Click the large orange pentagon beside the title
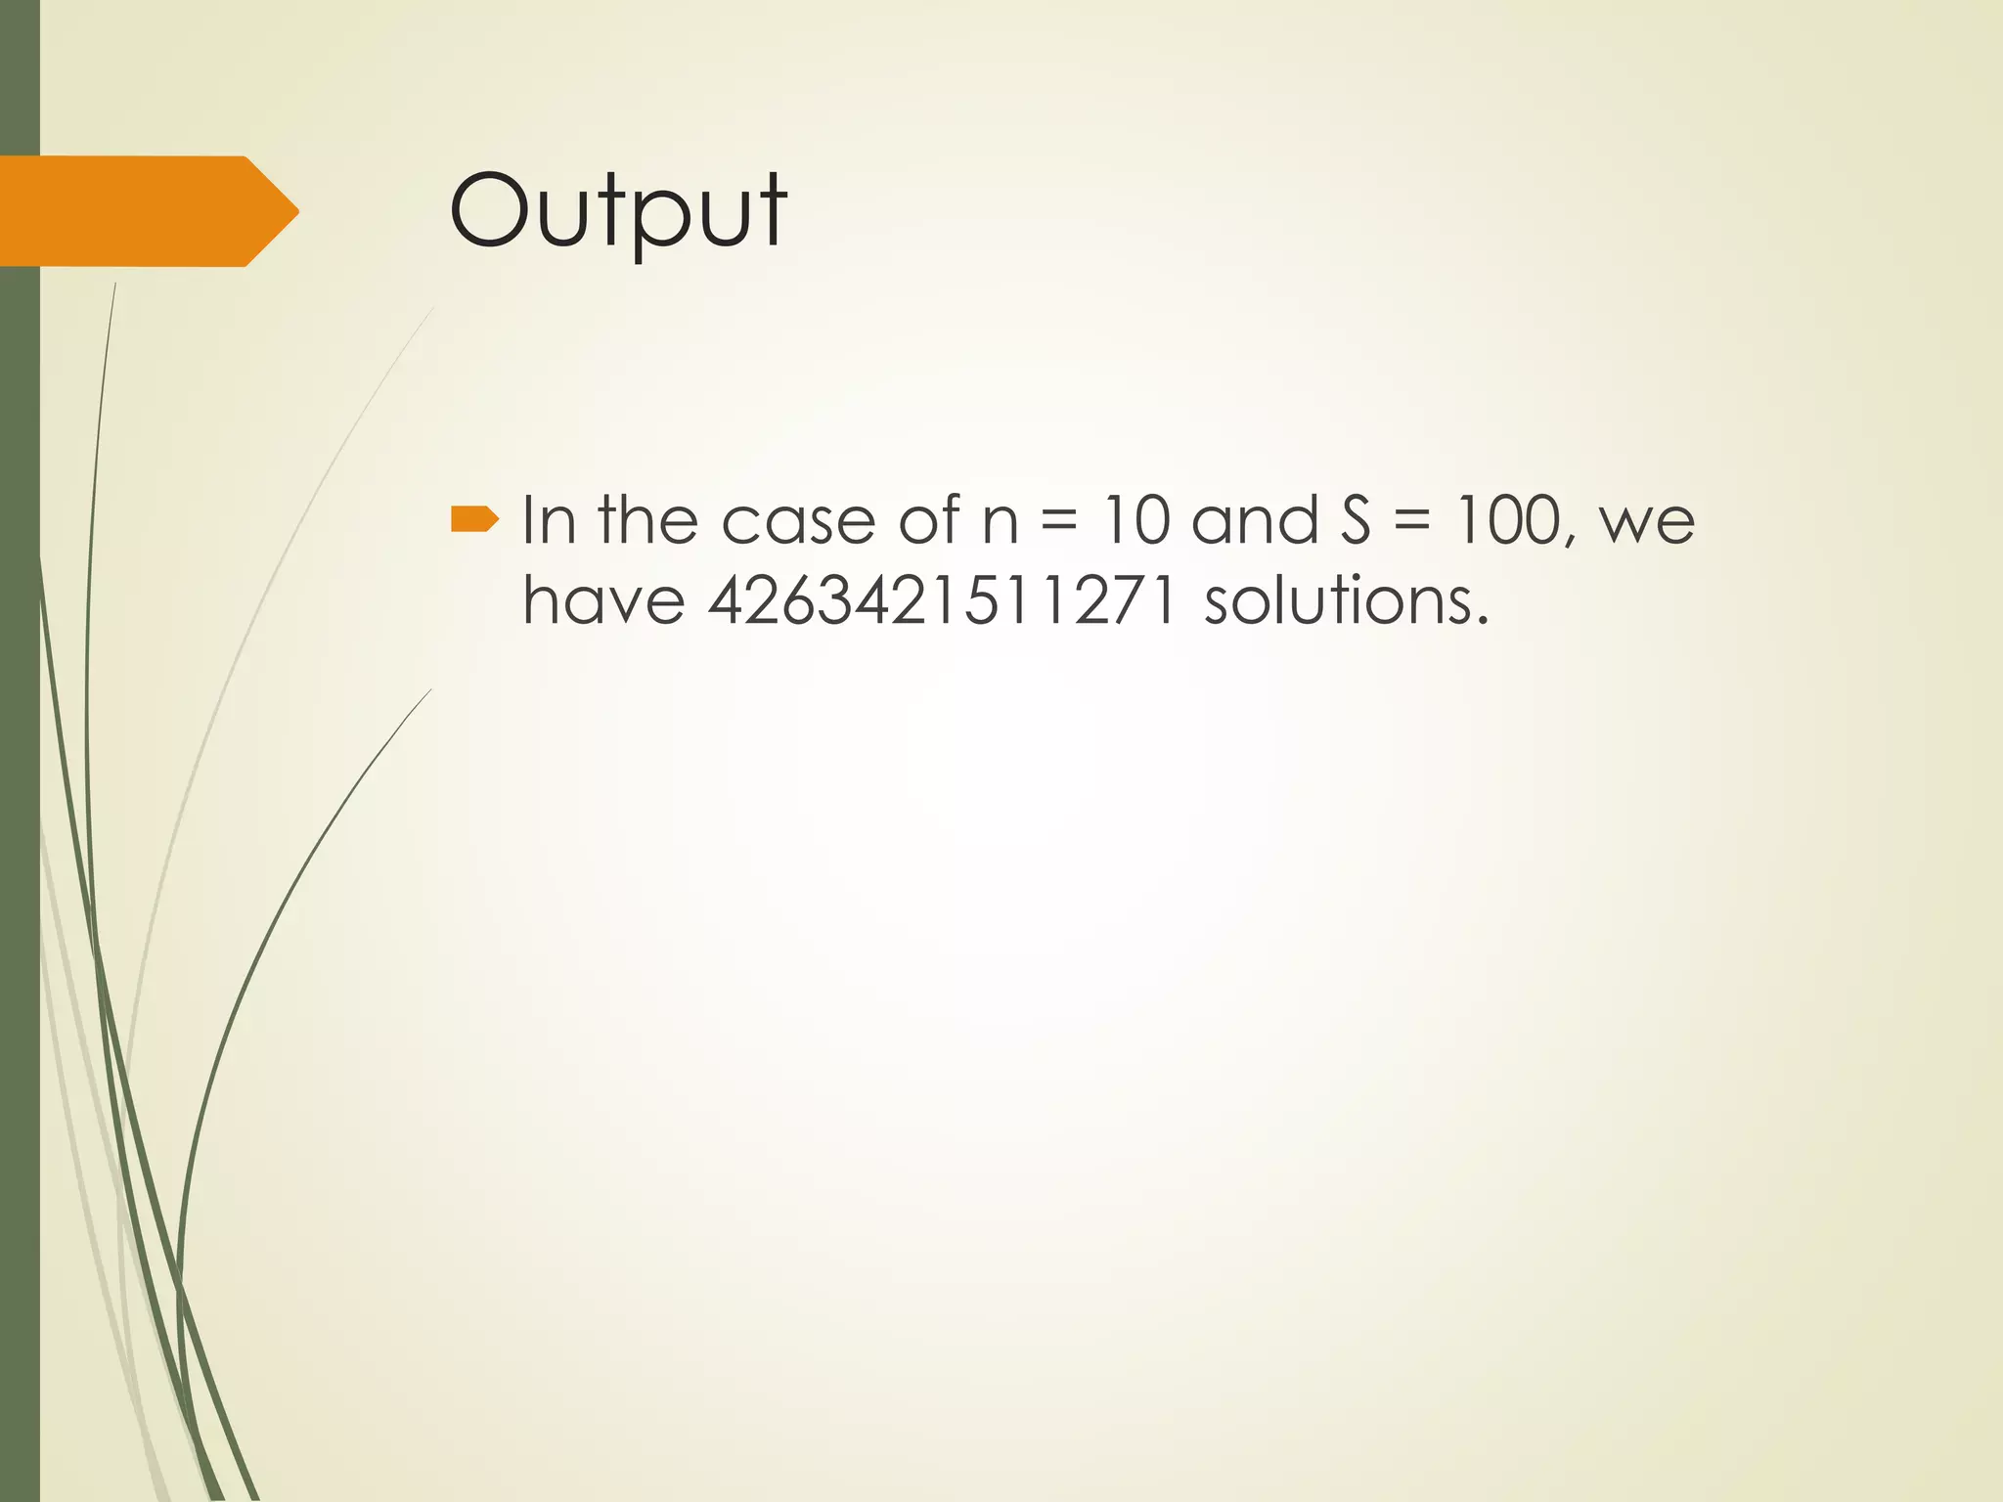[x=147, y=211]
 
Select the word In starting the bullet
[x=549, y=520]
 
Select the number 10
[x=1135, y=520]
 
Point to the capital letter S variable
[x=1357, y=520]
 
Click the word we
[x=1646, y=526]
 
